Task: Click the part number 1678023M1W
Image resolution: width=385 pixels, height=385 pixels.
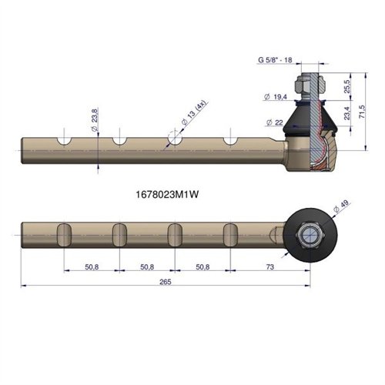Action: pos(167,195)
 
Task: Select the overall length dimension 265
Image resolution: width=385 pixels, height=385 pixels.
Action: pos(165,282)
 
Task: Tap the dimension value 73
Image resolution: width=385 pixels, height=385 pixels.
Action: pos(270,267)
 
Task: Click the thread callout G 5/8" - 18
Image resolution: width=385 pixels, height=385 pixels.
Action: pos(275,60)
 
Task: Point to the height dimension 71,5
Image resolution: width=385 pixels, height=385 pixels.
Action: pos(362,112)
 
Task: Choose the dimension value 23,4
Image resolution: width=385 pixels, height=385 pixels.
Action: pos(347,113)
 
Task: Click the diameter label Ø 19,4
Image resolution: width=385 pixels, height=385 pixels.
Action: pos(276,97)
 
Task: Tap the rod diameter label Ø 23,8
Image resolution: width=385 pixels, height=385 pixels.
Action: pos(95,120)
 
